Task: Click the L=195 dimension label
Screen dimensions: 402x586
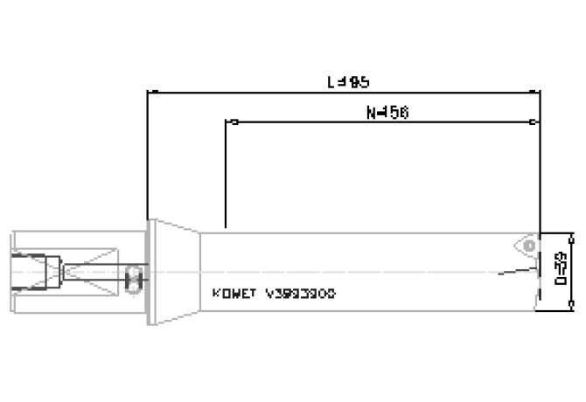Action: click(347, 81)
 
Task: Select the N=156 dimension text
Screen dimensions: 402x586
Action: click(385, 113)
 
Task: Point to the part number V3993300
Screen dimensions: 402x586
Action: click(300, 295)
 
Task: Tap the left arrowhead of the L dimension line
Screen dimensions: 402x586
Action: click(152, 91)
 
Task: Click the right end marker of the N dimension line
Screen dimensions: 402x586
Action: click(534, 121)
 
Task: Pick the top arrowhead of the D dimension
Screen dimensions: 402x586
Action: click(572, 236)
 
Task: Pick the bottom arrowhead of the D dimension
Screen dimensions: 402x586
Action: click(572, 306)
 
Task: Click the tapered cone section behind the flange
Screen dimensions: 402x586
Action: click(179, 271)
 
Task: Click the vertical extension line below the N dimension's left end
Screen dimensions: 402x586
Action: click(227, 175)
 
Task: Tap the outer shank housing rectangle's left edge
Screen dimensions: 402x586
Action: click(13, 271)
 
